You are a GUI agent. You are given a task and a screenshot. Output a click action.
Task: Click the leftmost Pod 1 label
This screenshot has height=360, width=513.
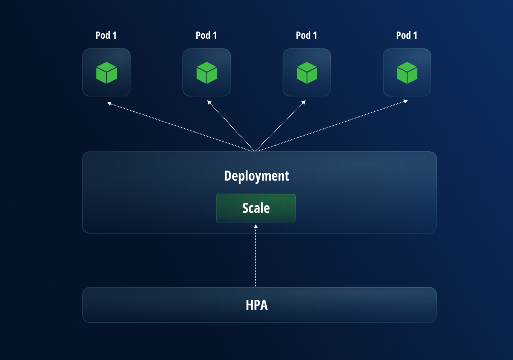coord(106,35)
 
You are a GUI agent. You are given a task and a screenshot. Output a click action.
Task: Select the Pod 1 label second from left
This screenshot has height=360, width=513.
coord(206,35)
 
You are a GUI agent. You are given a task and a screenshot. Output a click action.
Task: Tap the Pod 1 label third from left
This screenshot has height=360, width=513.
coord(306,35)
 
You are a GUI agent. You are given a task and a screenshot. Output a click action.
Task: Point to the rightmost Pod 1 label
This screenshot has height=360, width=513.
coord(407,35)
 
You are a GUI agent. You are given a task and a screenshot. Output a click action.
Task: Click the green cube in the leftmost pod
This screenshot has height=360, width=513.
coord(106,73)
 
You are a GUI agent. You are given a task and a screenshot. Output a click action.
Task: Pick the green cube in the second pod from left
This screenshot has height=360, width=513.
coord(207,73)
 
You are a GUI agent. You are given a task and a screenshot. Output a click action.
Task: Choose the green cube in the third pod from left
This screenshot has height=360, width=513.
coord(307,73)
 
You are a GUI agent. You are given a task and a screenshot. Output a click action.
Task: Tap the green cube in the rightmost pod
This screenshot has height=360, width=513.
coord(407,73)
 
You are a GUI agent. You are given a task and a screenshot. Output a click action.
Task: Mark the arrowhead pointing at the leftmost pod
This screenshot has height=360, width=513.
coord(109,103)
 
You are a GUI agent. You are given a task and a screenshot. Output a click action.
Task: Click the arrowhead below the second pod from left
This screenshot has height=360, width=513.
coord(209,103)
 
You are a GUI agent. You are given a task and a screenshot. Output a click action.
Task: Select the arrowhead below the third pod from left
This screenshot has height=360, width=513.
coord(303,103)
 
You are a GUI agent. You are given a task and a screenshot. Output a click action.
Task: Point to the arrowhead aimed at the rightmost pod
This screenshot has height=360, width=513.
coord(405,102)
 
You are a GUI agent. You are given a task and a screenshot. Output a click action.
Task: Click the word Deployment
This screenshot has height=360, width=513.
coord(256,176)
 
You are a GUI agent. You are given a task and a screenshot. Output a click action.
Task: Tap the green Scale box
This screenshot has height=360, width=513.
coord(256,208)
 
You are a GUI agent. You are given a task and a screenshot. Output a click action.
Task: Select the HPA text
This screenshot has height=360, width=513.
coord(256,305)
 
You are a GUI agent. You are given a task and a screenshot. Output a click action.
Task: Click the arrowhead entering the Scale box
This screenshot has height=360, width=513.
coord(256,227)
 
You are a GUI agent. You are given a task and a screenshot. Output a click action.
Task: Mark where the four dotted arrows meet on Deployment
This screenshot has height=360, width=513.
coord(255,151)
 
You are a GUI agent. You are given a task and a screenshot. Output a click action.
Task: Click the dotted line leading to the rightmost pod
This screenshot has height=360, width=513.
coord(330,126)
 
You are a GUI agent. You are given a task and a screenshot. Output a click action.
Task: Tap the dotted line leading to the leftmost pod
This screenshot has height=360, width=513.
coord(180,127)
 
